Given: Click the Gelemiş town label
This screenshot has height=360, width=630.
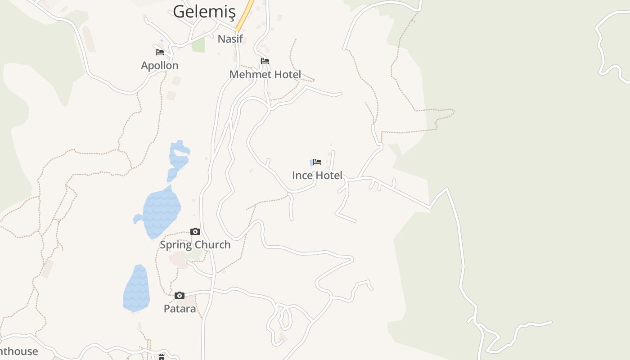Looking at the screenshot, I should click(x=204, y=11).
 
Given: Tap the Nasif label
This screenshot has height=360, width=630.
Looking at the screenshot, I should click(x=230, y=39).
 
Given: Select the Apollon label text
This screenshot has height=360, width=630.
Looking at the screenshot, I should click(x=160, y=65).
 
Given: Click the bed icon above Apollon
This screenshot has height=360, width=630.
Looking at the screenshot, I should click(x=160, y=52).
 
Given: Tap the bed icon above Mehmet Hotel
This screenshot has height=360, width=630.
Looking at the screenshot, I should click(x=265, y=61).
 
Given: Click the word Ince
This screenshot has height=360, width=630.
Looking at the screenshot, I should click(x=301, y=175).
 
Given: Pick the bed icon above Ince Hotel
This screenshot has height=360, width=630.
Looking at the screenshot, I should click(x=317, y=162).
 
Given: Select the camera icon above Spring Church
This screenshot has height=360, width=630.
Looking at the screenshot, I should click(x=195, y=232).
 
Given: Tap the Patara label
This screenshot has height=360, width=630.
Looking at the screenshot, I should click(x=180, y=309).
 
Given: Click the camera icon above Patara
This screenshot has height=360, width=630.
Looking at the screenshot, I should click(x=180, y=296).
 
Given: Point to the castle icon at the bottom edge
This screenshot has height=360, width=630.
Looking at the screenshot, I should click(x=161, y=357).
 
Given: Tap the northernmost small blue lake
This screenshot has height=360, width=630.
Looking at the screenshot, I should click(x=178, y=157).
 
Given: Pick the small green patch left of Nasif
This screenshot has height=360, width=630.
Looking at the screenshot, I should click(x=198, y=45).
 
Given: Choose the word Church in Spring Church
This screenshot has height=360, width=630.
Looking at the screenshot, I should click(x=211, y=245).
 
